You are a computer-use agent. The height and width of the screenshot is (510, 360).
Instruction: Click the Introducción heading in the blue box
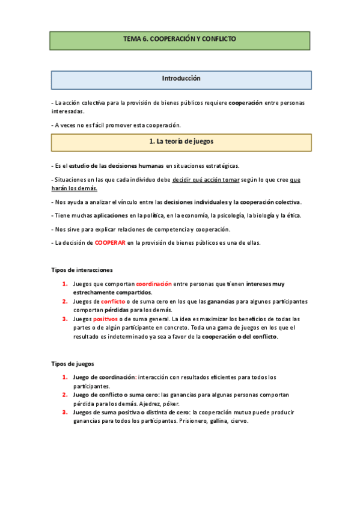pyautogui.click(x=181, y=79)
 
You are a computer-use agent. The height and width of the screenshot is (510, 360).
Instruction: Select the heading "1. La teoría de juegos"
pyautogui.click(x=180, y=142)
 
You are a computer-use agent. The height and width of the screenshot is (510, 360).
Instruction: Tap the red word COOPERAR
pyautogui.click(x=109, y=242)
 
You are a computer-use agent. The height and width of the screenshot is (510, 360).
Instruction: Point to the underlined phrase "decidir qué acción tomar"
pyautogui.click(x=206, y=179)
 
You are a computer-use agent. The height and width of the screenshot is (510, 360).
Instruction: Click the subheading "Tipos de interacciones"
pyautogui.click(x=82, y=270)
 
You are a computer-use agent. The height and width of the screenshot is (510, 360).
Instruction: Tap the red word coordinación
pyautogui.click(x=154, y=283)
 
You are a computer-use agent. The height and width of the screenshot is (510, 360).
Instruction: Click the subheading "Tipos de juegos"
pyautogui.click(x=72, y=364)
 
